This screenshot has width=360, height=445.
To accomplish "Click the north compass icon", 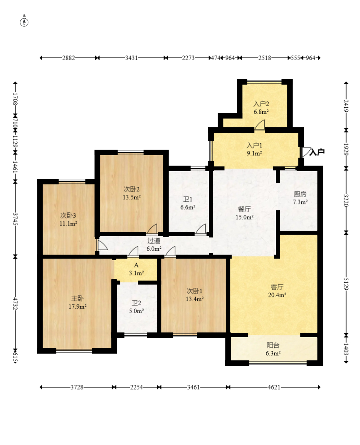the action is click(x=24, y=22).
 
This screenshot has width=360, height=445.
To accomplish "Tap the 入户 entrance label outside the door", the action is click(x=317, y=152).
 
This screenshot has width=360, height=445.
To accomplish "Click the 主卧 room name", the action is click(x=77, y=299).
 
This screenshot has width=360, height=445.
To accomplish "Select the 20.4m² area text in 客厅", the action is click(x=277, y=295).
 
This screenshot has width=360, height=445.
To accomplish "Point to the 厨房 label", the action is click(x=300, y=194).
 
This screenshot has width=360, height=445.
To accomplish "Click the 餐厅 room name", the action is click(x=244, y=210).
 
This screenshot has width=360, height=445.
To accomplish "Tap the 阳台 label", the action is click(x=273, y=345).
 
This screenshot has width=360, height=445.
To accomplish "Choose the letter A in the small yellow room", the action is click(x=136, y=265).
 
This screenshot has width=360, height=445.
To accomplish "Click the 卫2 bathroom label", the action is click(x=136, y=303).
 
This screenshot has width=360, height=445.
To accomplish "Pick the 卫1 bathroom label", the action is click(x=188, y=199).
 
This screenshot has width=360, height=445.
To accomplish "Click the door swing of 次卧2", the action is click(x=152, y=229).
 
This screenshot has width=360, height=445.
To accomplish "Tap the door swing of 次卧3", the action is click(x=102, y=245).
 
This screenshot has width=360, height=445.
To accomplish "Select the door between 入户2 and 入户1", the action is click(x=260, y=125).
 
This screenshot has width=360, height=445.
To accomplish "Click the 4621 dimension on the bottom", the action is click(x=274, y=387).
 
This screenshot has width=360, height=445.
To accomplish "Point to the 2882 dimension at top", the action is click(x=69, y=58).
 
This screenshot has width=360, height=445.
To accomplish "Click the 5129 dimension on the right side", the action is click(x=346, y=284).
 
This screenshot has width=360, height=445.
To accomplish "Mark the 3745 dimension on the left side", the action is click(x=15, y=219).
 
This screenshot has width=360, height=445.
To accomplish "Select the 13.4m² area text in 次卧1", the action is click(x=195, y=299).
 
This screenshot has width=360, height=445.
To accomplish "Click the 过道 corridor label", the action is click(x=154, y=241).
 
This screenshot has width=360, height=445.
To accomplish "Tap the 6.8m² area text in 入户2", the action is click(x=261, y=112).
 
